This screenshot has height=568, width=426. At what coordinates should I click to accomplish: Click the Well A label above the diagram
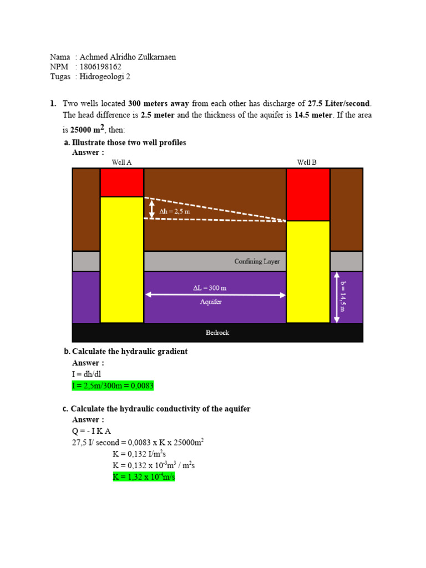[x=121, y=162]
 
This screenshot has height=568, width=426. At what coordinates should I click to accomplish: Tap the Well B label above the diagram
[x=307, y=162]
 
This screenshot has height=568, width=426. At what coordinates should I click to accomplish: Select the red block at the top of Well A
[x=121, y=182]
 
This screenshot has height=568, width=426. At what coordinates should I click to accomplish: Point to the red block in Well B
[x=308, y=195]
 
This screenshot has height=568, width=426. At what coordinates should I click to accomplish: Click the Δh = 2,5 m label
[x=175, y=211]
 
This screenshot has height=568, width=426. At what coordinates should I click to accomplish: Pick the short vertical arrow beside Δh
[x=152, y=209]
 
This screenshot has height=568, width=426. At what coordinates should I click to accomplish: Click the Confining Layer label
[x=257, y=261]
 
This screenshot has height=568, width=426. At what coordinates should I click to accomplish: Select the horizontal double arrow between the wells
[x=215, y=295]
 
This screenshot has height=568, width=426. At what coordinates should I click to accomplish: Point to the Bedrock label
[x=217, y=333]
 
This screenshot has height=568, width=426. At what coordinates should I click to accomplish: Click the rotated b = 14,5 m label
[x=343, y=296]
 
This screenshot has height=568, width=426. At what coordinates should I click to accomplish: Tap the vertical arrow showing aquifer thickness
[x=335, y=297]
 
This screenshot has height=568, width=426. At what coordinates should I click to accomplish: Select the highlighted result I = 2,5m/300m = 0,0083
[x=113, y=386]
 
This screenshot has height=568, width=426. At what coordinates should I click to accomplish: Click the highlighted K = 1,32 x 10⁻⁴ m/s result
[x=144, y=476]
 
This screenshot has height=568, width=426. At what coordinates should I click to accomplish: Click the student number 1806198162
[x=100, y=67]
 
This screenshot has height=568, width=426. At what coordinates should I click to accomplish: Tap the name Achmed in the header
[x=94, y=57]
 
